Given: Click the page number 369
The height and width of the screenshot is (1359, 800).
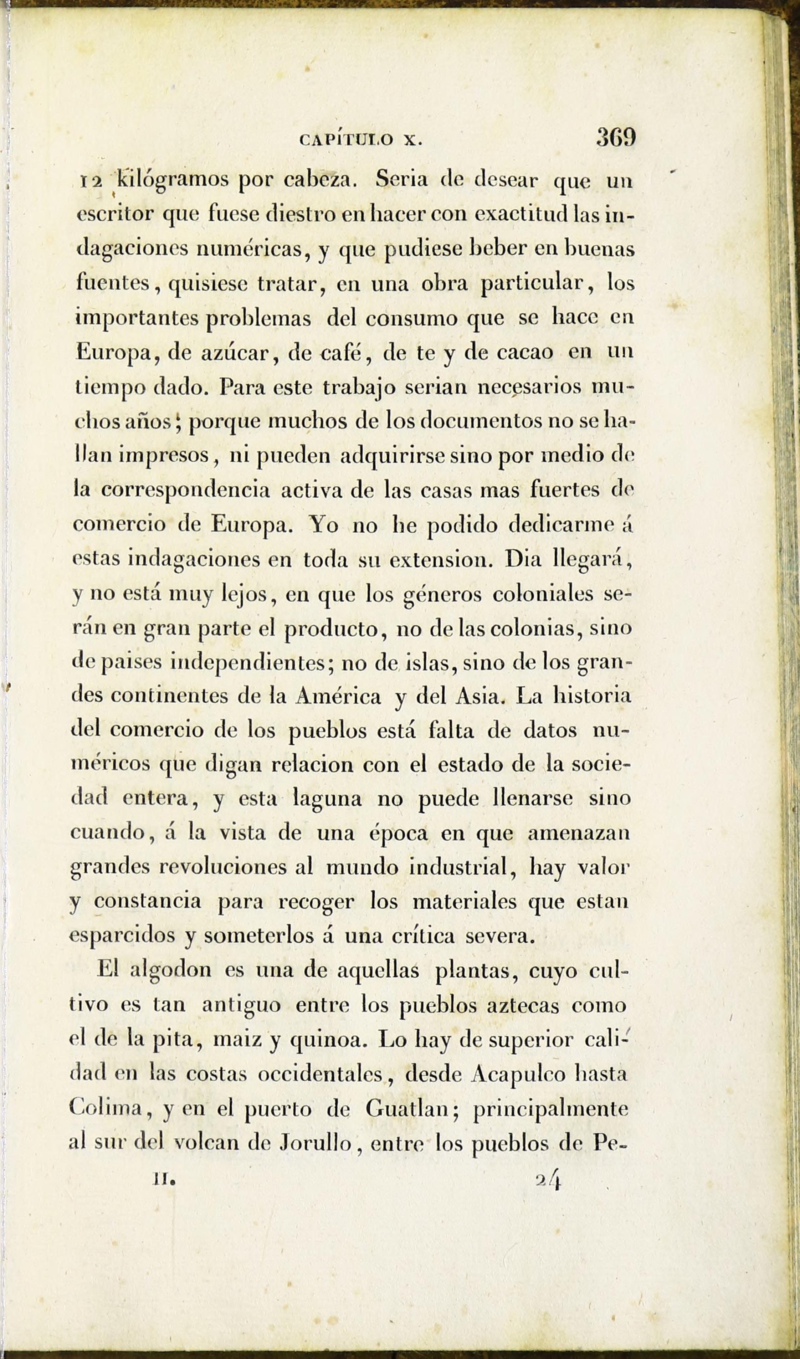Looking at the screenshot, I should [616, 138].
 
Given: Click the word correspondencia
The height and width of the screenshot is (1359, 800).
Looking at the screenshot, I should [186, 490].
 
